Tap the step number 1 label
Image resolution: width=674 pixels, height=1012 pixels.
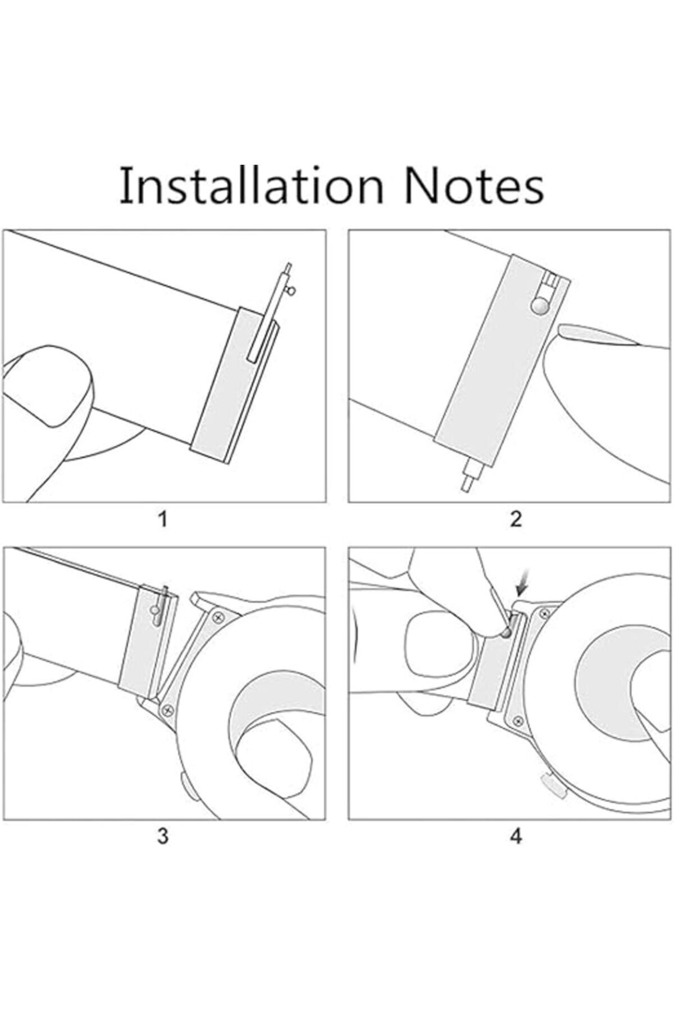click(x=163, y=519)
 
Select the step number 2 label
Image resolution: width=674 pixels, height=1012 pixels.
click(x=516, y=519)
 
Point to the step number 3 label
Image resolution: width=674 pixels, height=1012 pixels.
click(x=163, y=836)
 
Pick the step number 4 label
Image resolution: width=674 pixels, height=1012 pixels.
click(x=516, y=836)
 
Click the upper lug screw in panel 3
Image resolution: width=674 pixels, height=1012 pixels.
click(x=217, y=617)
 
